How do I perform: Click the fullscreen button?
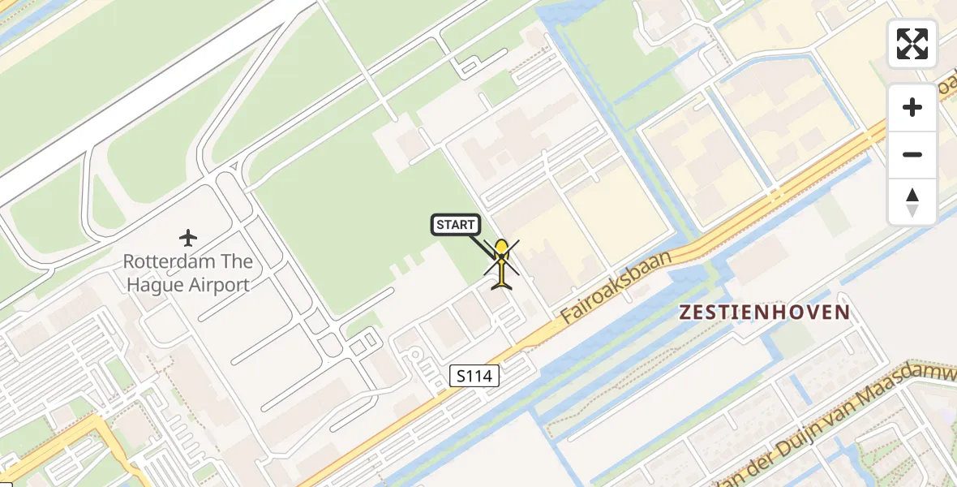tap(912, 44)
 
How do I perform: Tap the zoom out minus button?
tap(912, 154)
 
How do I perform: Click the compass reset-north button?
tap(912, 202)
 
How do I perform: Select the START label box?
tap(456, 225)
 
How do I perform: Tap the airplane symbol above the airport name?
tap(188, 238)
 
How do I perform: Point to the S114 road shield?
tap(474, 376)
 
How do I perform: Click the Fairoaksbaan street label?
tap(617, 289)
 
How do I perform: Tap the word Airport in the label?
tap(219, 285)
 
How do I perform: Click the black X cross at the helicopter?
tap(501, 258)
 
